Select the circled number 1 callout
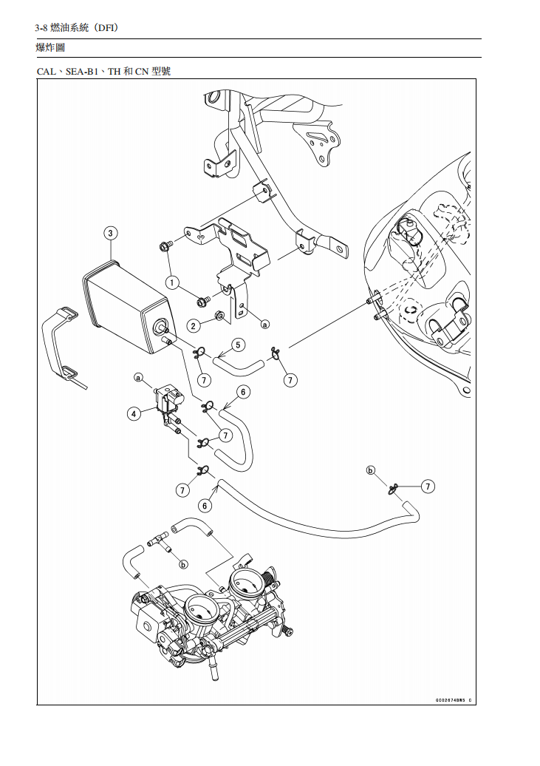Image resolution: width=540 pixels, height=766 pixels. point(173,282)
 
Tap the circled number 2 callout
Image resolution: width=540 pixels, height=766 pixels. point(194,325)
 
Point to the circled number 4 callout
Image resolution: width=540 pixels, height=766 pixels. point(134,414)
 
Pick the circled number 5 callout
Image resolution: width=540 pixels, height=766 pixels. point(237,345)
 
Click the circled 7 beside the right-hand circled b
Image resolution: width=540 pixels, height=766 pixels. point(428,486)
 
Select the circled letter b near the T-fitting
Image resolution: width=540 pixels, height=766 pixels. point(182,564)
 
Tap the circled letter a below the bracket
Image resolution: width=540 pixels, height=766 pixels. point(264,323)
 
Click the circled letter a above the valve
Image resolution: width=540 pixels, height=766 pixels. point(138,377)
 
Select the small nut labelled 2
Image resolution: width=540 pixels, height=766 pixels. point(219,318)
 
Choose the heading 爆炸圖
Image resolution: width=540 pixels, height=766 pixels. point(50,48)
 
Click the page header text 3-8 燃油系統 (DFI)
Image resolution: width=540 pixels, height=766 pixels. point(77,27)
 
